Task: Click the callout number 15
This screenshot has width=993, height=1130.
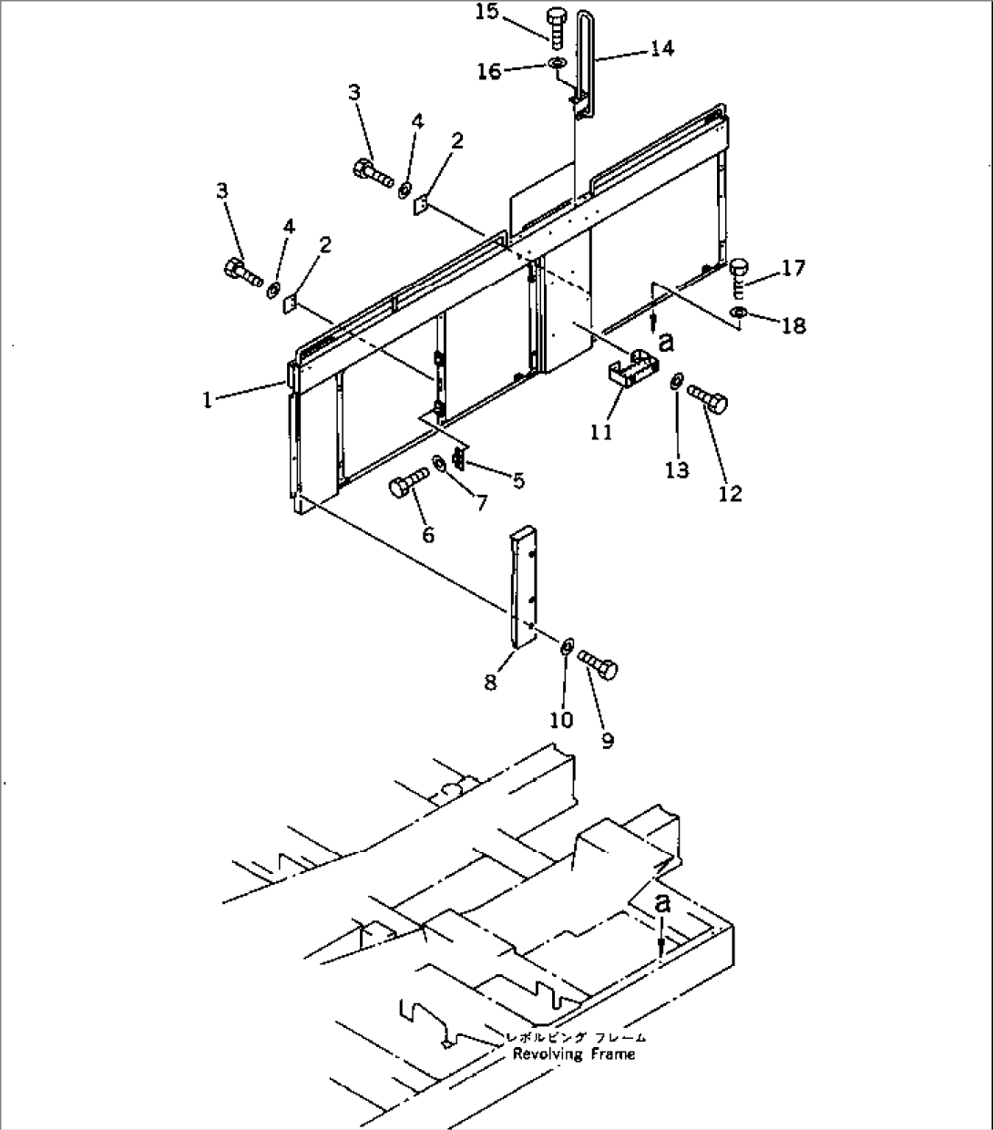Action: (x=486, y=14)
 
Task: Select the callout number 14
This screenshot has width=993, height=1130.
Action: (x=661, y=47)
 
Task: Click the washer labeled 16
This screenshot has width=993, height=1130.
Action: (x=555, y=63)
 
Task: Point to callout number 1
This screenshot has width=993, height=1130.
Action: (x=208, y=400)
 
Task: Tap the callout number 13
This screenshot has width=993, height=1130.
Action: (x=677, y=470)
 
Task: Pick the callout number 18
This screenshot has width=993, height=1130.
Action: (x=793, y=325)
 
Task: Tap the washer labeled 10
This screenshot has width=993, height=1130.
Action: (x=565, y=647)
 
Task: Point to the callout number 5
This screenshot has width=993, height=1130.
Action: (x=517, y=481)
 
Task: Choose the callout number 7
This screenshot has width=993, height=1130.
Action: (x=480, y=502)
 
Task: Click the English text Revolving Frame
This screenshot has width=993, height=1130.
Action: (x=573, y=1054)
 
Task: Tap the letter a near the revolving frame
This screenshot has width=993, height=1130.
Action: (x=664, y=903)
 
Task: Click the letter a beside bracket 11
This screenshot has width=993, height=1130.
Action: (x=666, y=342)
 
